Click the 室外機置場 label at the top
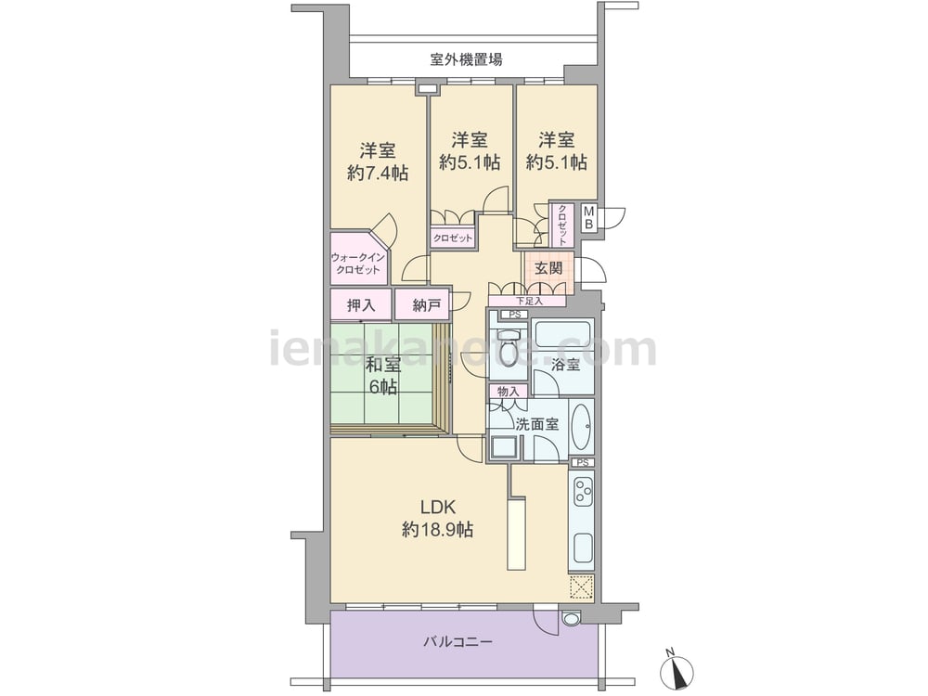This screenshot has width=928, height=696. [x=467, y=59]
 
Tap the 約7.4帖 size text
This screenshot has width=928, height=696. [x=378, y=173]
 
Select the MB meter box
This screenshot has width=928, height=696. [x=589, y=217]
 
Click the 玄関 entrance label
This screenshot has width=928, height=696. [x=548, y=268]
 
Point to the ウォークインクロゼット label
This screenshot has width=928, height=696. [x=358, y=264]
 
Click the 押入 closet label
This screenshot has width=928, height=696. [x=361, y=305]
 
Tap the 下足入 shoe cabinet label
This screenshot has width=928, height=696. [x=529, y=302]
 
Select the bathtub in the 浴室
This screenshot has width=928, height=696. [x=563, y=336]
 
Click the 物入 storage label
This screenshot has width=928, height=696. [x=508, y=392]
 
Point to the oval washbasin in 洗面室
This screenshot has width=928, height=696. [x=582, y=427]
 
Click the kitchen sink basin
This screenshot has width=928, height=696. [x=582, y=549]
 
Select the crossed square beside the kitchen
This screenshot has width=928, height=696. [x=581, y=587]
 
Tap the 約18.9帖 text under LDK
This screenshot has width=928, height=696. [x=437, y=530]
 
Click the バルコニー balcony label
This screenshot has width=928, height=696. [x=458, y=641]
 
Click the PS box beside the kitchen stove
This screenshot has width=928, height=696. [x=583, y=463]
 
